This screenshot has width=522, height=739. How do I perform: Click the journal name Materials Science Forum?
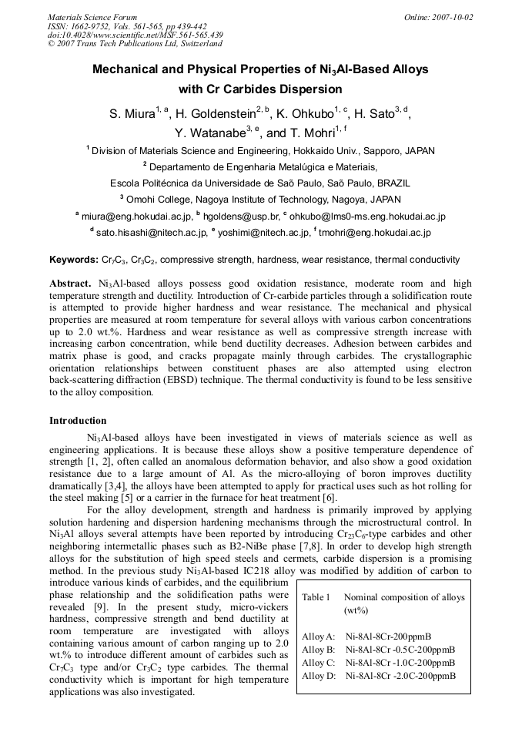click(92, 17)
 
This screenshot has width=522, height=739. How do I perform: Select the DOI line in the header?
click(135, 35)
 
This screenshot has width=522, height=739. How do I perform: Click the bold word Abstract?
click(71, 283)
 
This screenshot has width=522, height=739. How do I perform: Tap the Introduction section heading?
click(78, 421)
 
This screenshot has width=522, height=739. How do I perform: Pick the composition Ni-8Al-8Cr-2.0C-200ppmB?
click(400, 676)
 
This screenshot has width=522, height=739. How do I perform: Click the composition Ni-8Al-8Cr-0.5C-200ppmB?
click(400, 650)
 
